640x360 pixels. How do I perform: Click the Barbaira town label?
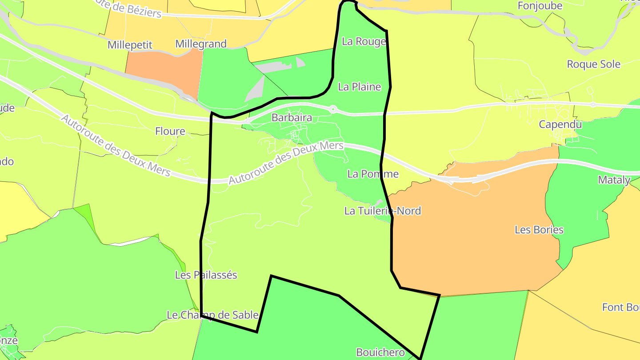[x=292, y=118]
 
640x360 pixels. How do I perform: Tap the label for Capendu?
[x=560, y=124]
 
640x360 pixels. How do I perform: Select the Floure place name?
[x=170, y=131]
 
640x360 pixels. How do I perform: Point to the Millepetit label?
[x=130, y=45]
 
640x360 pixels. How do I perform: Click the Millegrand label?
[x=201, y=44]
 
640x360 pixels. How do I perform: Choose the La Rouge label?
[x=364, y=41]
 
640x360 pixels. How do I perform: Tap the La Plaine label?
[x=360, y=87]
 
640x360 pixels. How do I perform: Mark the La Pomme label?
[x=373, y=174]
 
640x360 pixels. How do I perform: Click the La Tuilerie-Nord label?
[x=382, y=211]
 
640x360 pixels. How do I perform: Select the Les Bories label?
[x=539, y=230]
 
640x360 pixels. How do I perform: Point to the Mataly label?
[x=614, y=180]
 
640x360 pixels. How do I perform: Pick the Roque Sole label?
[x=593, y=64]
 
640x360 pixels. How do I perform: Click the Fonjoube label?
[x=540, y=6]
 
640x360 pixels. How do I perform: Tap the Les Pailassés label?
[x=206, y=275]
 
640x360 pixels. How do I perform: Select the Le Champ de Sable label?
[x=212, y=315]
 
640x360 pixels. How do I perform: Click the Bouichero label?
[x=380, y=352]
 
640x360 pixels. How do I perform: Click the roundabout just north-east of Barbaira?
[x=333, y=108]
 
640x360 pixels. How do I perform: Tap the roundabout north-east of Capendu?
[x=593, y=104]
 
